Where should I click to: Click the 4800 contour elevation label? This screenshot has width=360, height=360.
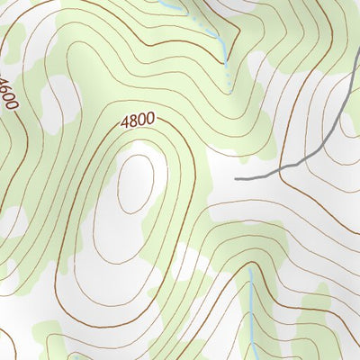[136, 118]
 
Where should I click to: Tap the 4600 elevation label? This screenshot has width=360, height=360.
[10, 93]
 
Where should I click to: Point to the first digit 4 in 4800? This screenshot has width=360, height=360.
[123, 120]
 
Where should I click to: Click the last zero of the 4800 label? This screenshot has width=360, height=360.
[149, 116]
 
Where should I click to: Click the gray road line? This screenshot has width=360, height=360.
[306, 157]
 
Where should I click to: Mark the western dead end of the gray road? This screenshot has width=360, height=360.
[237, 178]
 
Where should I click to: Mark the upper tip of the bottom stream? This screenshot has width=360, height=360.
[249, 267]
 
